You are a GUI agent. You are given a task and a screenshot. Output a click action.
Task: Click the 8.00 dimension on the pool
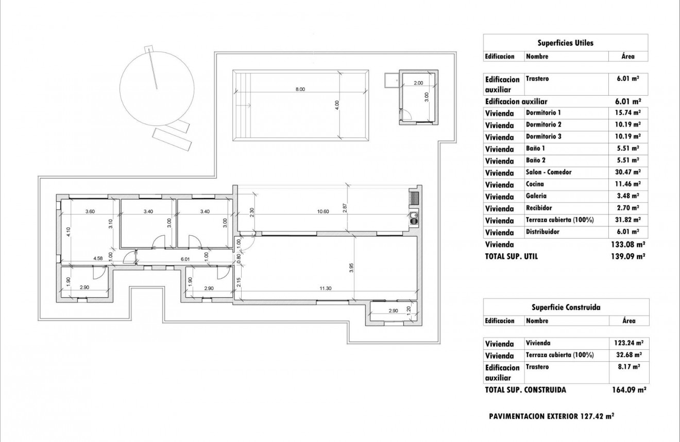[x=300, y=89]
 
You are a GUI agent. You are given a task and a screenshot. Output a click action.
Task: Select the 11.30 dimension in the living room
[x=325, y=288]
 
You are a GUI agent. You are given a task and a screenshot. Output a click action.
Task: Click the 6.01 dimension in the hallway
[x=185, y=259]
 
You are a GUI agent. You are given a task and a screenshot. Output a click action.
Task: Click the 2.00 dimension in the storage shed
[x=418, y=83]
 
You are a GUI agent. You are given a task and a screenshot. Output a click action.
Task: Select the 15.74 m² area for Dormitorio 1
[x=629, y=113]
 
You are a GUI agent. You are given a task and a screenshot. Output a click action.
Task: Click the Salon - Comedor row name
[x=549, y=172]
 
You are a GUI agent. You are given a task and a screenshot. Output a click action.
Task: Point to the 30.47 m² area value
[x=629, y=172]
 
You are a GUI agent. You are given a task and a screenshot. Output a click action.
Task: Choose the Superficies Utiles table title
[x=565, y=43]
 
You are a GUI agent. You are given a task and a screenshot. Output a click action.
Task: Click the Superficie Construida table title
[x=566, y=307]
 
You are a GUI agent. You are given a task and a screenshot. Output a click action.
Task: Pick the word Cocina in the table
[x=535, y=184]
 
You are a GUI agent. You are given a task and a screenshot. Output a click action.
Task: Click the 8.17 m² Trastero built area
[x=629, y=367]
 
